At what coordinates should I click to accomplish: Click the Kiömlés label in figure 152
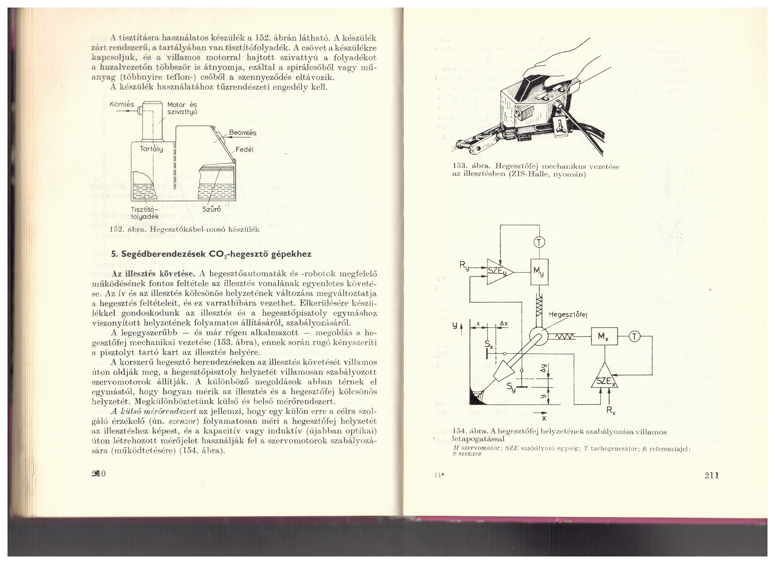pyautogui.click(x=122, y=105)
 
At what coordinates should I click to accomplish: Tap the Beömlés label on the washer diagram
pyautogui.click(x=243, y=133)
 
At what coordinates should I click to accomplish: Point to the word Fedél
pyautogui.click(x=244, y=150)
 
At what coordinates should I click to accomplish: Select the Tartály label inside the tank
pyautogui.click(x=152, y=149)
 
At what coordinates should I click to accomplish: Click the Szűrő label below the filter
pyautogui.click(x=211, y=209)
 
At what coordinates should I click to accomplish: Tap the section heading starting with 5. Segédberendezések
pyautogui.click(x=211, y=254)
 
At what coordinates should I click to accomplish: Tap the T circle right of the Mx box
pyautogui.click(x=634, y=337)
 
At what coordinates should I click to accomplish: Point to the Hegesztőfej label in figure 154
pyautogui.click(x=567, y=315)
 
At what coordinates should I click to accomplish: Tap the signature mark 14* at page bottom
pyautogui.click(x=438, y=476)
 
